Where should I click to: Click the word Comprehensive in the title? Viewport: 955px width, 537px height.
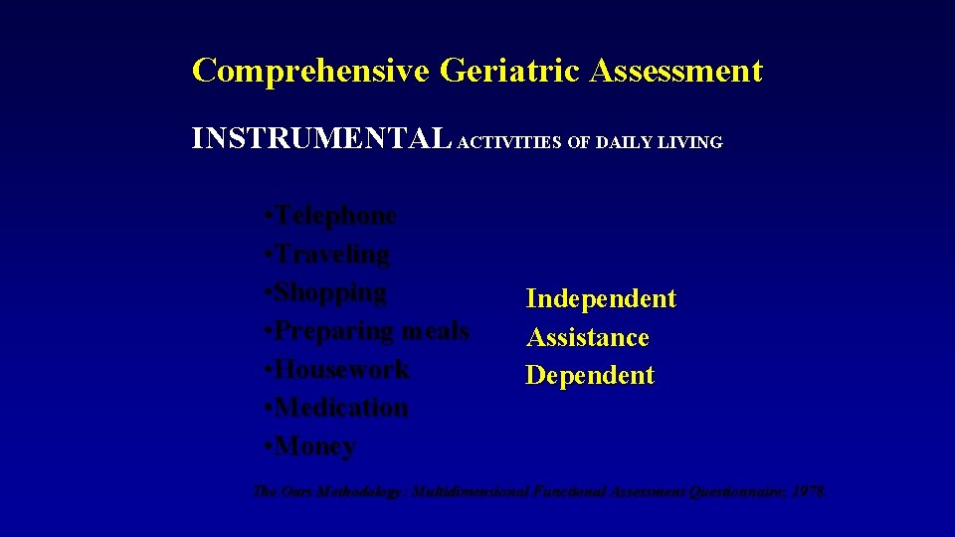coord(310,72)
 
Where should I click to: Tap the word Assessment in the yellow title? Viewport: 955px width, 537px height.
coord(676,72)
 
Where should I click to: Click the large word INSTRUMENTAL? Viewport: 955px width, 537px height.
coord(321,140)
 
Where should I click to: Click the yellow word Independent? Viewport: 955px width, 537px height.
coord(601,299)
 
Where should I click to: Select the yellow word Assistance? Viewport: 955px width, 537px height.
coord(588,338)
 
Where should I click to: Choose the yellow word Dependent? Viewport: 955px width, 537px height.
coord(590,376)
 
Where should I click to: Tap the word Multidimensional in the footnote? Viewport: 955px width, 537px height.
coord(474,491)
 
